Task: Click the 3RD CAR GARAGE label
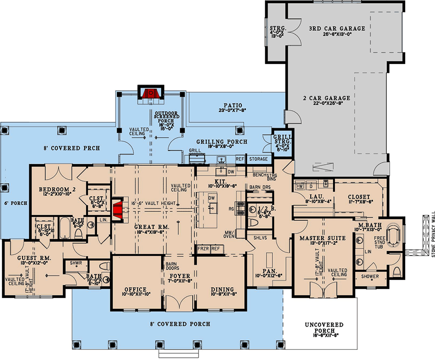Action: [336, 28]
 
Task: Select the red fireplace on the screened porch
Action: [149, 93]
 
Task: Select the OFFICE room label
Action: [136, 289]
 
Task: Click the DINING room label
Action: [222, 289]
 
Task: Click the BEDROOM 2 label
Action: [53, 189]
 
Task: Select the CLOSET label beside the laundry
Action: [359, 197]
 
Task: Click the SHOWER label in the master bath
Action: [369, 276]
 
